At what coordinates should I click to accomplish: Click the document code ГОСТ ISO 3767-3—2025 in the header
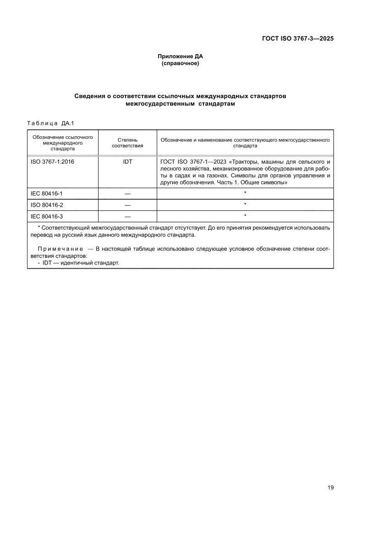tap(297, 39)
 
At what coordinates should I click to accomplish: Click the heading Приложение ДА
tap(180, 56)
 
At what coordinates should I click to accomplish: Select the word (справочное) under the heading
tap(180, 63)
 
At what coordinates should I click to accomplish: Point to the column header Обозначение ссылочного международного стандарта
tap(62, 143)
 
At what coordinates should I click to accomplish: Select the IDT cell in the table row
tap(127, 162)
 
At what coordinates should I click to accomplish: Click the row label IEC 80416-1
tap(46, 194)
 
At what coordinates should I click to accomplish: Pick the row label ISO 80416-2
tap(46, 205)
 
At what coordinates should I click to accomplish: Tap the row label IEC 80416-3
tap(46, 216)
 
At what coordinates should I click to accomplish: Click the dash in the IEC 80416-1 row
tap(127, 194)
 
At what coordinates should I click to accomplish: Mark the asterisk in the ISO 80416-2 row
tap(245, 204)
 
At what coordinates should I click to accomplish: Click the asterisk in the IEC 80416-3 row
tap(245, 216)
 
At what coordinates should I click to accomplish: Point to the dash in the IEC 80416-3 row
tap(127, 216)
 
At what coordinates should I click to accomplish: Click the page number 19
tap(330, 487)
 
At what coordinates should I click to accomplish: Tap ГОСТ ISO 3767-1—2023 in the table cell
tap(192, 162)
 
